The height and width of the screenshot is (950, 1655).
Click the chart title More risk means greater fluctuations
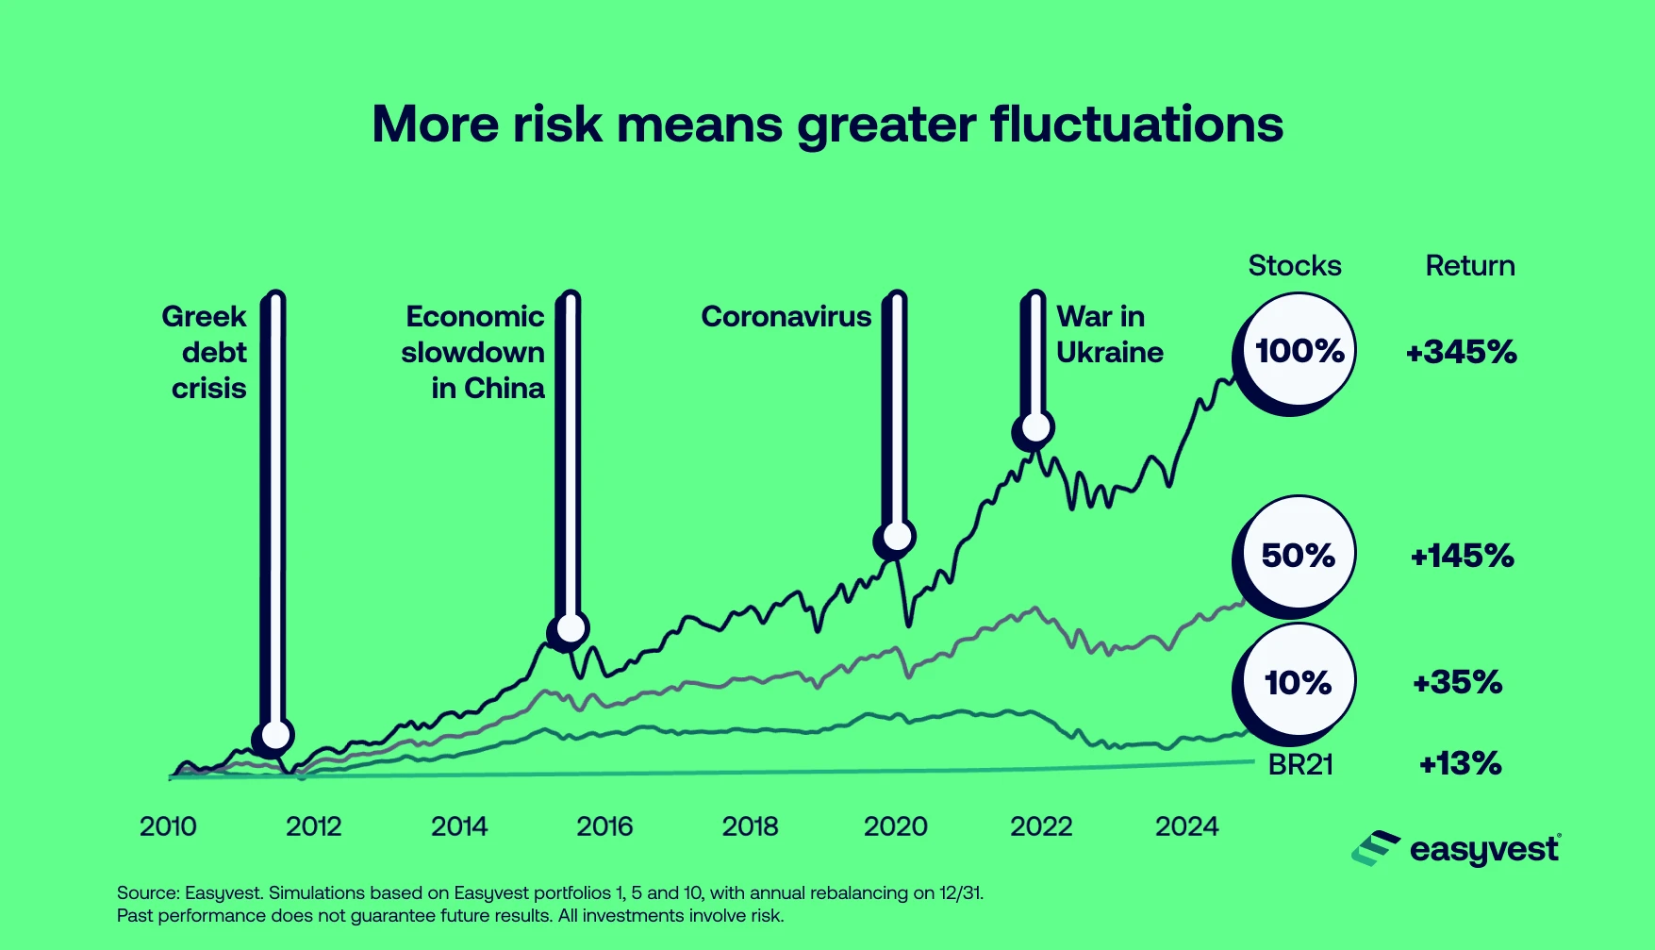click(x=827, y=125)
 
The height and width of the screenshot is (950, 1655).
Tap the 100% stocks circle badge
click(x=1299, y=351)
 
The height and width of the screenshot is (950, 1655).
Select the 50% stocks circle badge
click(x=1298, y=555)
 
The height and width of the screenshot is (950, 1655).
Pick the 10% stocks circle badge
click(x=1298, y=682)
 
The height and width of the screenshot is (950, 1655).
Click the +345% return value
click(x=1461, y=353)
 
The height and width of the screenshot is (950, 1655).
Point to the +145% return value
click(x=1462, y=556)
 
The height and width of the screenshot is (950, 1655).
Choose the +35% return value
click(x=1457, y=682)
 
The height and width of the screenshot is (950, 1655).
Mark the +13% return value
click(x=1460, y=763)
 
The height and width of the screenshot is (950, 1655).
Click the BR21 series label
click(x=1300, y=764)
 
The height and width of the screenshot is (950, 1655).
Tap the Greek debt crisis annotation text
click(x=206, y=352)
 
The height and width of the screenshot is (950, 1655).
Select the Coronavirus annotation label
click(x=786, y=317)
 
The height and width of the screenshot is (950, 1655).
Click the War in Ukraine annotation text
click(x=1109, y=334)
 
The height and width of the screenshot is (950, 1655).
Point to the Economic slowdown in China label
click(x=474, y=352)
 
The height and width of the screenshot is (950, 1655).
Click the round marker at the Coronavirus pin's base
click(x=897, y=538)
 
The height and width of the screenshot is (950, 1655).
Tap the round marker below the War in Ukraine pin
click(x=1035, y=428)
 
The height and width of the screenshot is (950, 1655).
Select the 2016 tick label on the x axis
click(x=604, y=826)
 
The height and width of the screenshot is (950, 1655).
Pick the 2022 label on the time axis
click(x=1041, y=826)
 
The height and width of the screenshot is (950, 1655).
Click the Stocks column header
click(x=1294, y=266)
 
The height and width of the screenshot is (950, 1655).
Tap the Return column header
click(x=1469, y=266)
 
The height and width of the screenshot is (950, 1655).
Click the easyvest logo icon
click(x=1376, y=848)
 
